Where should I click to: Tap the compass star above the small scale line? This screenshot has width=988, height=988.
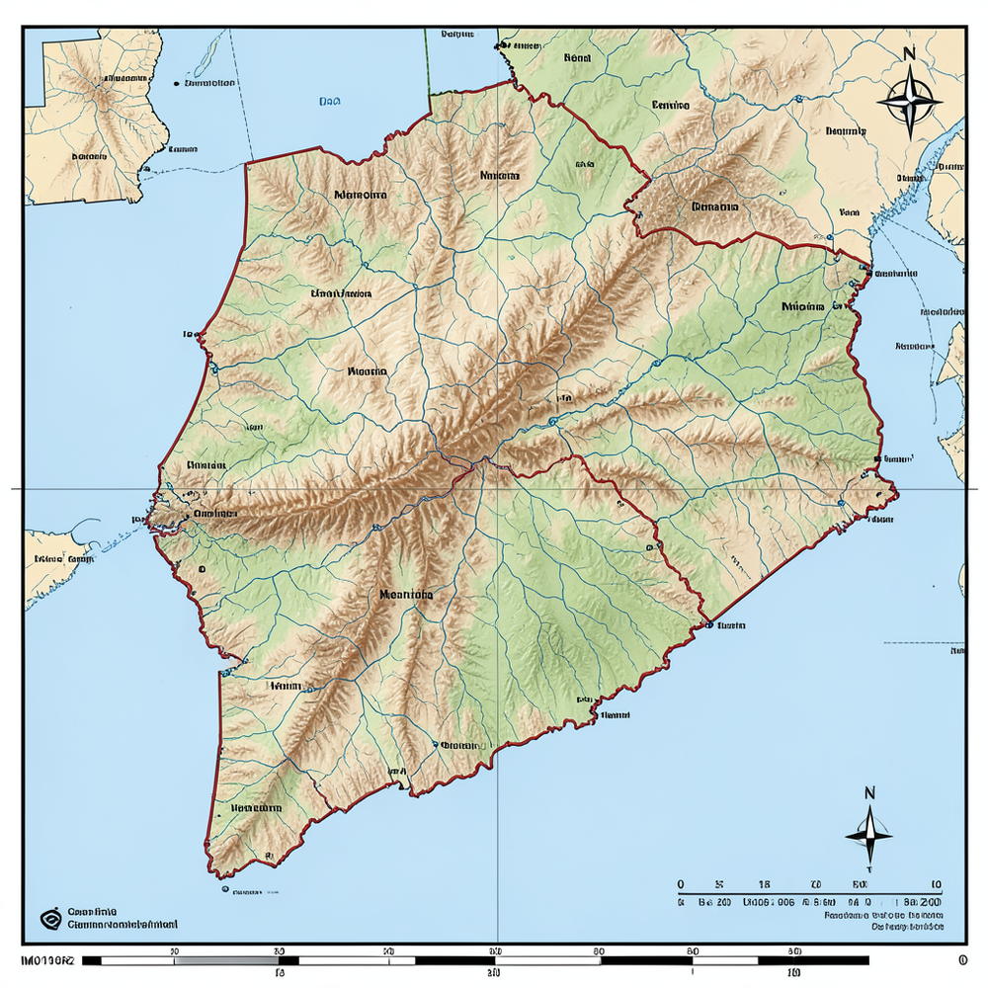point(868,835)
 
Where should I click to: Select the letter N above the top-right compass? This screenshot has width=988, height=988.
point(910,54)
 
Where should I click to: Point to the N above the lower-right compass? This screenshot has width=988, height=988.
point(869,792)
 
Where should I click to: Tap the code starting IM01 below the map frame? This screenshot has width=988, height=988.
point(46,959)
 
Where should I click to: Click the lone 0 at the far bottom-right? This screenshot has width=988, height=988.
point(961,959)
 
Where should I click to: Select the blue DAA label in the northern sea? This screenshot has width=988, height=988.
point(330,101)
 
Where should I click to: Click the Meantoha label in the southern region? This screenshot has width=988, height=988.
point(405,595)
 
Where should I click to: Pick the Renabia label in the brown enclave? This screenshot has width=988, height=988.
point(715,207)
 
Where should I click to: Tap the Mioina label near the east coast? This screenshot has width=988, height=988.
point(802,306)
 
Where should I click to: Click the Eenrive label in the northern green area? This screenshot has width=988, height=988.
point(671,104)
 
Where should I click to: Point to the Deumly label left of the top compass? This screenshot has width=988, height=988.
point(846,130)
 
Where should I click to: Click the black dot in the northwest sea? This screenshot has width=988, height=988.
point(175,84)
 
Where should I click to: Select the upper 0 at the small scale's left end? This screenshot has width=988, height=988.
point(681,884)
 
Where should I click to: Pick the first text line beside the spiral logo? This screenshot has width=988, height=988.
point(93,911)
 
